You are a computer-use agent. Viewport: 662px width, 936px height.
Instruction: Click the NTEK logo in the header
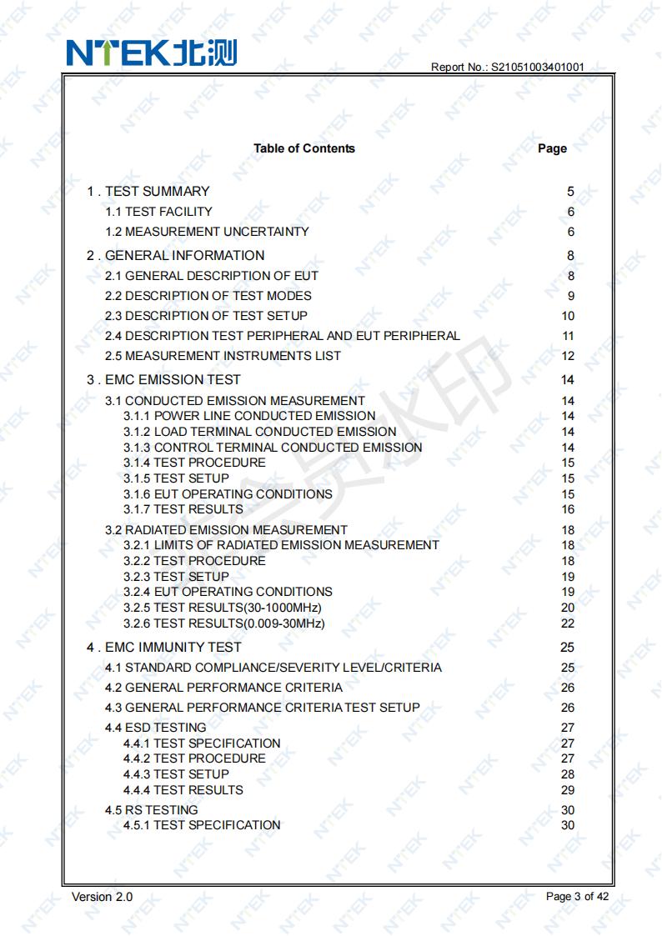click(153, 52)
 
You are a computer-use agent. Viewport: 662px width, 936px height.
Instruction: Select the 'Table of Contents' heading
click(304, 148)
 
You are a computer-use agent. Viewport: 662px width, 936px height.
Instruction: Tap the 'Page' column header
click(552, 148)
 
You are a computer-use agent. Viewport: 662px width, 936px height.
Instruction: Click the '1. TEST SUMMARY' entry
click(148, 192)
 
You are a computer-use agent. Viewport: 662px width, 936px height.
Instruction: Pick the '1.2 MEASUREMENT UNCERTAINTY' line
click(207, 232)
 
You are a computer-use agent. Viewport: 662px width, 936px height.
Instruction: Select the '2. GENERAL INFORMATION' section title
click(175, 256)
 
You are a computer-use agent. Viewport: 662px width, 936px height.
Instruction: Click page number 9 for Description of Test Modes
click(571, 296)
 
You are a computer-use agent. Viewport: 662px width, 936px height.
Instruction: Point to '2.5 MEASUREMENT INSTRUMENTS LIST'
click(223, 356)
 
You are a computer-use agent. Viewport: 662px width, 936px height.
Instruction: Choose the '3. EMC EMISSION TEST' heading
click(163, 380)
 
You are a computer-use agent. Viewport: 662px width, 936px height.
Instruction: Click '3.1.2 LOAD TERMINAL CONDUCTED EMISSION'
click(260, 432)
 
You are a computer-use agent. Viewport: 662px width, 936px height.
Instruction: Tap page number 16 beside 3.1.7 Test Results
click(568, 509)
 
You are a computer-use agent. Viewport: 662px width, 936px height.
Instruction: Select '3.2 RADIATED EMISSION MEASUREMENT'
click(226, 530)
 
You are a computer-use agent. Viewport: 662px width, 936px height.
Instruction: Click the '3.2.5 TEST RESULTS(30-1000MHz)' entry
click(223, 608)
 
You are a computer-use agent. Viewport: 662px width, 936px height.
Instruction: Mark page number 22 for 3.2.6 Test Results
click(568, 623)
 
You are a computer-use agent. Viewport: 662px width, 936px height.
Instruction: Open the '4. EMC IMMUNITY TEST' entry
click(164, 648)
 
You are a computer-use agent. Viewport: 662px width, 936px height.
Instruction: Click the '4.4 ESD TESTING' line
click(155, 728)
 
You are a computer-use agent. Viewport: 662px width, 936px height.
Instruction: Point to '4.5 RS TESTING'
click(151, 810)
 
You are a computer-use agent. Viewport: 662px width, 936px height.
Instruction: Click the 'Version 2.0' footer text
click(102, 897)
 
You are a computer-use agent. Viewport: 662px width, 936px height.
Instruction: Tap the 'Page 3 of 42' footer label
click(577, 897)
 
